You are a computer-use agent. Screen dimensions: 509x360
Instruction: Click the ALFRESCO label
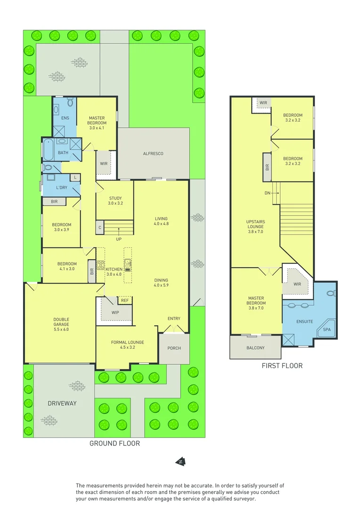click(x=153, y=154)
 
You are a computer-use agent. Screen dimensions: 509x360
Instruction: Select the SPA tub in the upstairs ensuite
click(x=327, y=330)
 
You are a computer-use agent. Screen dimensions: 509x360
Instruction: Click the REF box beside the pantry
click(x=125, y=300)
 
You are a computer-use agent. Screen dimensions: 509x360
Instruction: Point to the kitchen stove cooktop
click(x=100, y=264)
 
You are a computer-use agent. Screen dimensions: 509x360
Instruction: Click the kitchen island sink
click(x=128, y=263)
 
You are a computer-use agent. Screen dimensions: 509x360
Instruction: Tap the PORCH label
click(x=174, y=348)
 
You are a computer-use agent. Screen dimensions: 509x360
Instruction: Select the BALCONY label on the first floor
click(x=255, y=348)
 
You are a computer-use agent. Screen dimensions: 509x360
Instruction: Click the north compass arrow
click(x=180, y=462)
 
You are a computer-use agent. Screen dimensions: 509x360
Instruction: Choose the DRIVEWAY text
click(x=62, y=403)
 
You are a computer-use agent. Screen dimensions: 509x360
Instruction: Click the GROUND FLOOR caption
click(x=115, y=443)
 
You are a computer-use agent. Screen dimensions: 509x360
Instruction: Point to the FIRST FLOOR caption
click(x=282, y=365)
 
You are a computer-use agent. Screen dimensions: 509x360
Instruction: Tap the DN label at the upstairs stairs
click(x=267, y=193)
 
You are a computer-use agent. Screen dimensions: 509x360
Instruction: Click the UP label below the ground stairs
click(x=118, y=239)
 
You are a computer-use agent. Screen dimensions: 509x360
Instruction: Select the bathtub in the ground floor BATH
click(x=48, y=150)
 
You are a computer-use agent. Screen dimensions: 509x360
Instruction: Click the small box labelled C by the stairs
click(x=99, y=228)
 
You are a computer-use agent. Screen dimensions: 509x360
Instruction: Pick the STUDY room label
click(x=115, y=201)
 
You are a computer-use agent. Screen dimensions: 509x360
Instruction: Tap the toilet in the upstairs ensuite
click(x=331, y=292)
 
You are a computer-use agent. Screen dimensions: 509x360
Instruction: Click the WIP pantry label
click(x=115, y=312)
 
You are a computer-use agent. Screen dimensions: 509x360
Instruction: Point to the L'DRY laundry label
click(x=61, y=188)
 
